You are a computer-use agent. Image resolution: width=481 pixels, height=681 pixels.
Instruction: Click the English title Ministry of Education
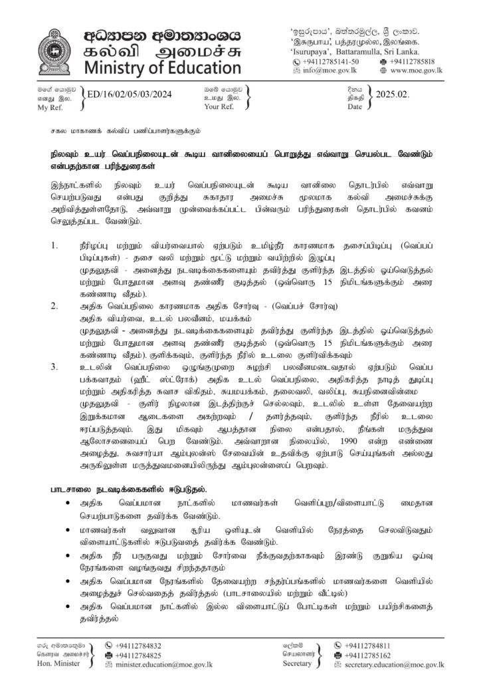163,68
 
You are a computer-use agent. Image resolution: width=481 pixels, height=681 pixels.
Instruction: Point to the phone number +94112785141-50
339,60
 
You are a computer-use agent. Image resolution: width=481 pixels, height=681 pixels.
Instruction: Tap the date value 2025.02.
393,95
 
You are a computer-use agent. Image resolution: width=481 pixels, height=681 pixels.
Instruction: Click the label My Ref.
48,107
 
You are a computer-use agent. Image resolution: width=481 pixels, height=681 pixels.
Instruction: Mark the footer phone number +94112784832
139,645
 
